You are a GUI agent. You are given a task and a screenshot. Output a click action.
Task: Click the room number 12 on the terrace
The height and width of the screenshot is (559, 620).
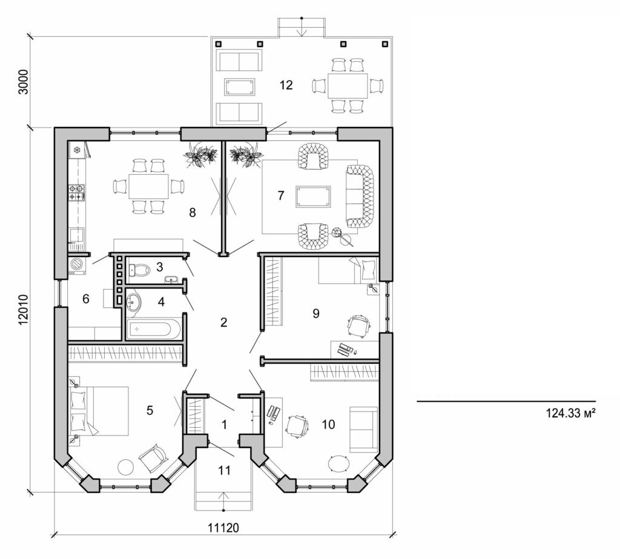pos(286,85)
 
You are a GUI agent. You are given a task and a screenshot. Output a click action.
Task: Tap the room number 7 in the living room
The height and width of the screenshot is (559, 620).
pos(280,195)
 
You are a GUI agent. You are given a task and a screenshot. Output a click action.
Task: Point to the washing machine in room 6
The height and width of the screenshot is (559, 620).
pos(77,265)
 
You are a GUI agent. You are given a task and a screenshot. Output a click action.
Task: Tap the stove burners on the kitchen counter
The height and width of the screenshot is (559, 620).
pos(77,193)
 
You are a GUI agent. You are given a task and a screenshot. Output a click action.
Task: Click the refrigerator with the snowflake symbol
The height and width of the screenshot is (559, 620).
pos(77,149)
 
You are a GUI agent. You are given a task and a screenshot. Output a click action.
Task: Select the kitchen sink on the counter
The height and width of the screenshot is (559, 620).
pos(77,233)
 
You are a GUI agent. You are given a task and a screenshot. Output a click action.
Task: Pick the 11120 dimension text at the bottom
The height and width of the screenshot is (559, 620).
pos(224,527)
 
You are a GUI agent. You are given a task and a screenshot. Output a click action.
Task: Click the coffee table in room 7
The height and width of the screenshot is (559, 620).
pos(313,197)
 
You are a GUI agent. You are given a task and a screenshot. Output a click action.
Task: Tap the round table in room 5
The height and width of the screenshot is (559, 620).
pos(125,467)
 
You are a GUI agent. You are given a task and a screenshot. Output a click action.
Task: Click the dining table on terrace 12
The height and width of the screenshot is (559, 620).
pos(348,85)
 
